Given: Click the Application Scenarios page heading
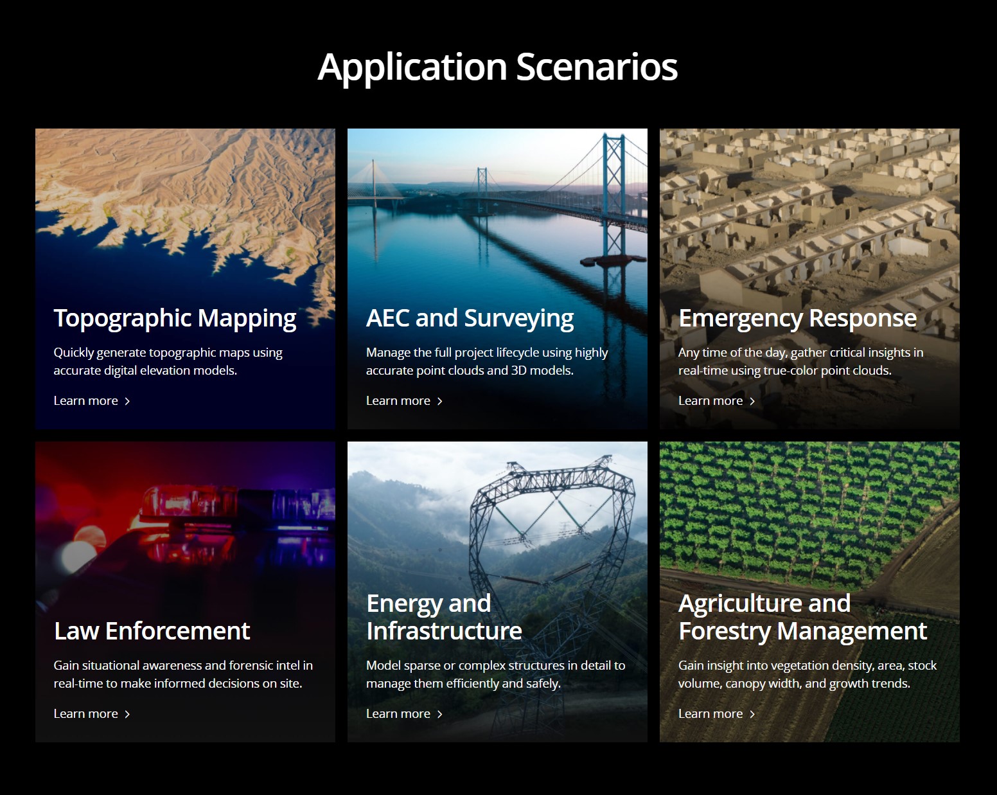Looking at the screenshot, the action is [x=498, y=67].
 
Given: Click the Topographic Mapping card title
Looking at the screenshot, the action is [x=175, y=319].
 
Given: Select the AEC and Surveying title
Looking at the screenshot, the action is [x=470, y=319].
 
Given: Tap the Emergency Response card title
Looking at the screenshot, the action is [x=797, y=319].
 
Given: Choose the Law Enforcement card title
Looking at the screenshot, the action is [x=152, y=631].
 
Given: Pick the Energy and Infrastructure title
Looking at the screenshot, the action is [x=444, y=617].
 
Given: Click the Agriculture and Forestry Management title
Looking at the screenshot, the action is [x=802, y=618].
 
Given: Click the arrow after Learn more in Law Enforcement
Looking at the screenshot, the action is [x=127, y=714].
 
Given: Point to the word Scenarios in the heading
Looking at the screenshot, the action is [x=597, y=67].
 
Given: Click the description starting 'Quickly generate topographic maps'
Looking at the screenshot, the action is [x=168, y=362].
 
